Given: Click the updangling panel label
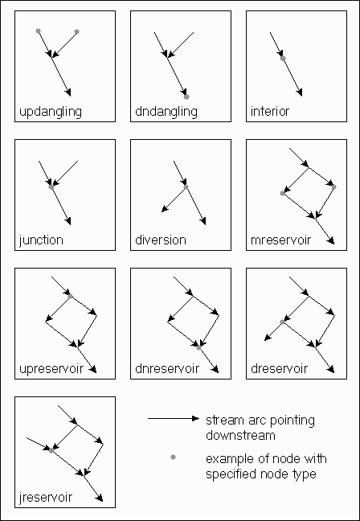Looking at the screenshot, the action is click(51, 112).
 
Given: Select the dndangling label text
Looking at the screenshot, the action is click(166, 112).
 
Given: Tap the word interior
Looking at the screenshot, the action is click(270, 111).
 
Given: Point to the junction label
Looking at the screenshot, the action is click(41, 240).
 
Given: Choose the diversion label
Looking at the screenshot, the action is click(161, 240).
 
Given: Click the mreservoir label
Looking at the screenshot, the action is click(281, 240).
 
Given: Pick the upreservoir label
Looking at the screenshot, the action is click(51, 369).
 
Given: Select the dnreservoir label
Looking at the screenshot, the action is click(167, 368).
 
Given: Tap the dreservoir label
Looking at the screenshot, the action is click(280, 368).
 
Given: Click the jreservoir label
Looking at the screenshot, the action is click(46, 498).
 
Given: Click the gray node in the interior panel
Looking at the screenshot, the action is click(283, 59).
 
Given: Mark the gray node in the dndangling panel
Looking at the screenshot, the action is click(186, 96).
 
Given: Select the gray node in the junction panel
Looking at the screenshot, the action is click(51, 187).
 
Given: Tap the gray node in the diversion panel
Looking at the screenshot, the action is click(186, 187).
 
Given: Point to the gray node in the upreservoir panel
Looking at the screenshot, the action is click(70, 296).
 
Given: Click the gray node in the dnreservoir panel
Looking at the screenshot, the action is click(198, 347).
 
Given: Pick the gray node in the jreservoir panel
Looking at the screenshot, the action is click(51, 450).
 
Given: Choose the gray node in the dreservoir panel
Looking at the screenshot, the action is click(282, 322).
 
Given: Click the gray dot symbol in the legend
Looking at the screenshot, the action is click(173, 457).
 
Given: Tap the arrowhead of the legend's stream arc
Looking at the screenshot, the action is click(195, 419).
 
